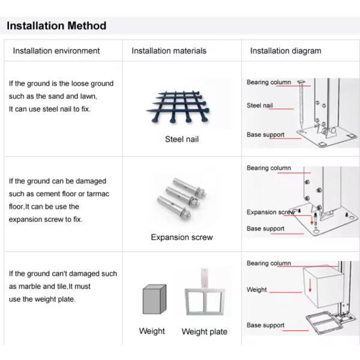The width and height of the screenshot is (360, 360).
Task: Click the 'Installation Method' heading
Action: tap(56, 25)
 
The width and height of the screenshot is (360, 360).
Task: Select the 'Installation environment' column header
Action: tap(56, 51)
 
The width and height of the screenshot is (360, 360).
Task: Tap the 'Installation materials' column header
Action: tap(169, 51)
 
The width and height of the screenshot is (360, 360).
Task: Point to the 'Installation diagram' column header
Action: tap(286, 51)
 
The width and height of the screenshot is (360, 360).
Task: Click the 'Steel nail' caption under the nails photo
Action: tap(182, 139)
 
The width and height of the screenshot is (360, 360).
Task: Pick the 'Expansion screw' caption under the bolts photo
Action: tap(182, 237)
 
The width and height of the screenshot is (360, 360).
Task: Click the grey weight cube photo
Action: tap(155, 299)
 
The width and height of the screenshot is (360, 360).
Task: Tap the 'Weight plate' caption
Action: tap(205, 332)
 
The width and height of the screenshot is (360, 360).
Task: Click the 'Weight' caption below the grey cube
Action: tap(152, 331)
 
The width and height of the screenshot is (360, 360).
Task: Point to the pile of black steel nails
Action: tap(178, 107)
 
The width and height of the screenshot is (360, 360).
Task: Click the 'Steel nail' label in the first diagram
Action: tap(260, 106)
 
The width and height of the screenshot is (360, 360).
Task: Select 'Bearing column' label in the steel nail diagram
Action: tap(269, 82)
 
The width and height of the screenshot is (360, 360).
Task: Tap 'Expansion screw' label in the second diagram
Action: tap(271, 212)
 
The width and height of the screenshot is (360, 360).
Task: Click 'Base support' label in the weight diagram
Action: tap(265, 325)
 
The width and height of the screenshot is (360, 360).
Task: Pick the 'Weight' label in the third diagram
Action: tap(257, 290)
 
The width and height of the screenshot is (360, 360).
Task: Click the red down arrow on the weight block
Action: tap(310, 285)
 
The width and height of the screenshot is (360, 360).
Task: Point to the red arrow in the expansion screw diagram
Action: tap(312, 220)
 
